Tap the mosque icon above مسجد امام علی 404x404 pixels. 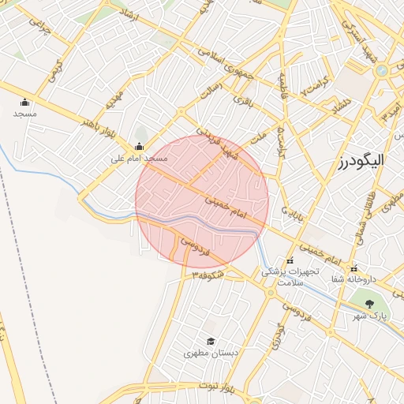click(140, 146)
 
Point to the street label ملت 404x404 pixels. click(258, 137)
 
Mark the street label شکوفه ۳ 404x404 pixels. click(208, 275)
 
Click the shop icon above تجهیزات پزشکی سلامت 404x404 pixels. click(290, 260)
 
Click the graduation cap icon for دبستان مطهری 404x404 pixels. click(211, 341)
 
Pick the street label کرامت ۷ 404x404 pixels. click(316, 88)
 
